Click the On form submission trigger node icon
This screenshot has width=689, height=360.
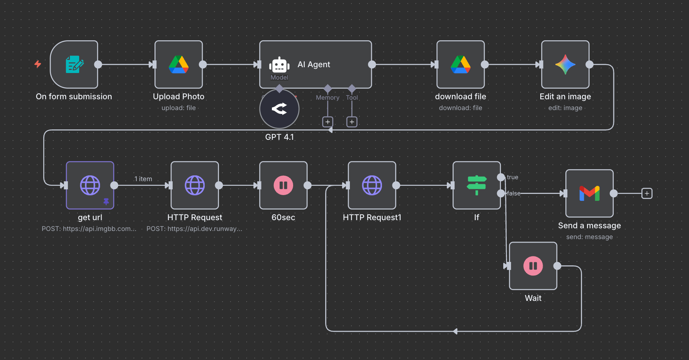74,65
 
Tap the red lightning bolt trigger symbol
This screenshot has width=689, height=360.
38,64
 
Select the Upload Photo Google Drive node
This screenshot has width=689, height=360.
179,65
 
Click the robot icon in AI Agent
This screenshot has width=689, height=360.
279,65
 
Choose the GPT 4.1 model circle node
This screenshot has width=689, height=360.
279,109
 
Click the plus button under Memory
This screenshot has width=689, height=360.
328,122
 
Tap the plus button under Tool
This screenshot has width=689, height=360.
352,122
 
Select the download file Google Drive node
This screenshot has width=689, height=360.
460,65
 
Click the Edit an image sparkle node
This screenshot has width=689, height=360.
565,65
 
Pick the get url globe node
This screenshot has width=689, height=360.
90,185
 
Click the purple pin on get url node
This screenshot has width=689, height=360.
106,201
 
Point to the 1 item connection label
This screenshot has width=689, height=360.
143,179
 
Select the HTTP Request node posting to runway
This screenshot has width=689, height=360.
195,185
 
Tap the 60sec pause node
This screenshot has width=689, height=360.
283,185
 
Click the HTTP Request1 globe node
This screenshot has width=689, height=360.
372,185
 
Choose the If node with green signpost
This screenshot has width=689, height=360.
477,185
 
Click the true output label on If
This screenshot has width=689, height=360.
513,177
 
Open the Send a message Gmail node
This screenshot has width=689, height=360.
589,194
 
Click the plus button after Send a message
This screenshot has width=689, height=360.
647,194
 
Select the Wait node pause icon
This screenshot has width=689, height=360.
533,266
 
